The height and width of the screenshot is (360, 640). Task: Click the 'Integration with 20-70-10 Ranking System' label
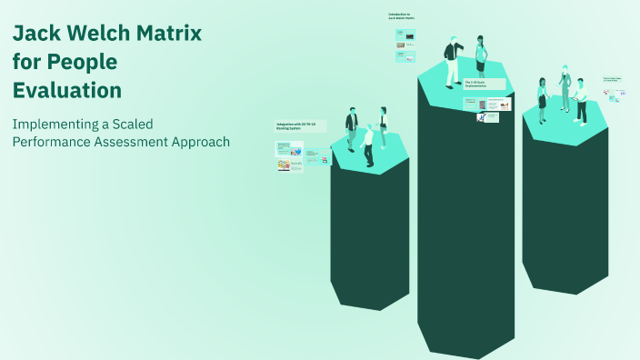pos(301,126)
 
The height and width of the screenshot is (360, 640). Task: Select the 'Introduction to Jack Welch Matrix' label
pos(401,15)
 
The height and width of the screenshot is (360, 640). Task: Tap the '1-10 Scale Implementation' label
pos(482,84)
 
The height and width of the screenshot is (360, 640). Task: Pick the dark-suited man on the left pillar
pos(352,130)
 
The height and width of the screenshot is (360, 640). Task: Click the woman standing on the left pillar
pos(384,127)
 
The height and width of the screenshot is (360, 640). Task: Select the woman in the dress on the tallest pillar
pos(481,58)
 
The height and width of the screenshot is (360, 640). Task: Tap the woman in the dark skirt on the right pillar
pos(543,100)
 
